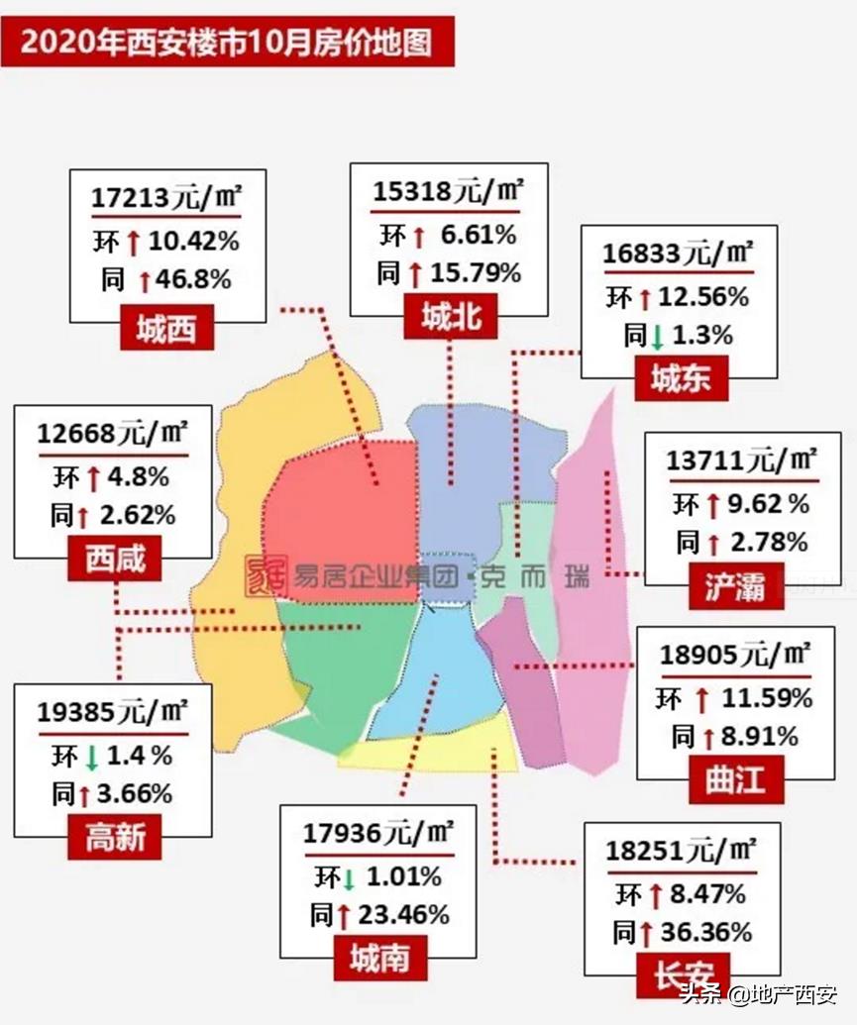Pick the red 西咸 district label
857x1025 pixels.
click(x=115, y=560)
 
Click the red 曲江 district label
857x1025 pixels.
click(x=736, y=779)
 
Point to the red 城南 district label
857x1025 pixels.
click(x=380, y=958)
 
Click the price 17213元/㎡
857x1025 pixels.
click(x=166, y=197)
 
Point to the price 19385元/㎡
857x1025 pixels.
click(x=112, y=712)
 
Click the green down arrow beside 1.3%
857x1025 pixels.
click(x=656, y=337)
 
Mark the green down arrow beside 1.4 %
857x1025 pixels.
click(x=91, y=758)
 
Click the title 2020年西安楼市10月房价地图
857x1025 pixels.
click(x=227, y=45)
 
